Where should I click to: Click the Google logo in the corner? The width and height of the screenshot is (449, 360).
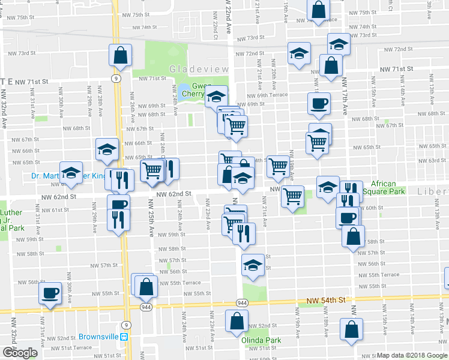20,353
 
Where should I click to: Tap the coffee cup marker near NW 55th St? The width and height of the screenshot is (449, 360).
50,293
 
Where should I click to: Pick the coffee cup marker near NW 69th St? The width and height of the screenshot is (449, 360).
319,103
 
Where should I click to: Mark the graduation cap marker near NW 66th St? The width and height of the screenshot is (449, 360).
108,149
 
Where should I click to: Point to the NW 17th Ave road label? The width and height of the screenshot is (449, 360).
345,96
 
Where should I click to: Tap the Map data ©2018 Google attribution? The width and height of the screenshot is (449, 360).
412,355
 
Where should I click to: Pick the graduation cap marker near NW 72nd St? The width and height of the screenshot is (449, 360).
298,53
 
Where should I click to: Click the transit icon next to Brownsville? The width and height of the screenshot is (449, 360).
125,337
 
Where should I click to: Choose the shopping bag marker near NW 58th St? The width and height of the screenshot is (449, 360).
353,236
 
